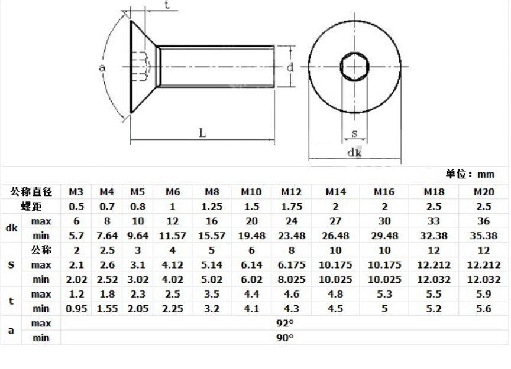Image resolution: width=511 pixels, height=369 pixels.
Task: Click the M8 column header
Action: pos(212,192)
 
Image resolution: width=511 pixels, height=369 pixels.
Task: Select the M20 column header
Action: pos(484,192)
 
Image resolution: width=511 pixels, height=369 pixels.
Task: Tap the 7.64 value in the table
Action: pos(107,236)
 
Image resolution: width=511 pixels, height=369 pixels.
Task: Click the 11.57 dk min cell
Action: pos(172,236)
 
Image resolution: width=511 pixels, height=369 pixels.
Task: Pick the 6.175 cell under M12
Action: pos(292,265)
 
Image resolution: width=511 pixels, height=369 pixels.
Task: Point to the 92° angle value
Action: pos(285,323)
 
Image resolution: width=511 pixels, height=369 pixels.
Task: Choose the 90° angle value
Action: pos(285,338)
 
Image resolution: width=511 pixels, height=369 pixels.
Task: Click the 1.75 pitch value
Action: pos(292,207)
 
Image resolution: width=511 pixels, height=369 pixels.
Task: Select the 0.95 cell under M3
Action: pos(76,308)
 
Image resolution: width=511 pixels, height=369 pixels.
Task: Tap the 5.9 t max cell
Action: pos(484,294)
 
